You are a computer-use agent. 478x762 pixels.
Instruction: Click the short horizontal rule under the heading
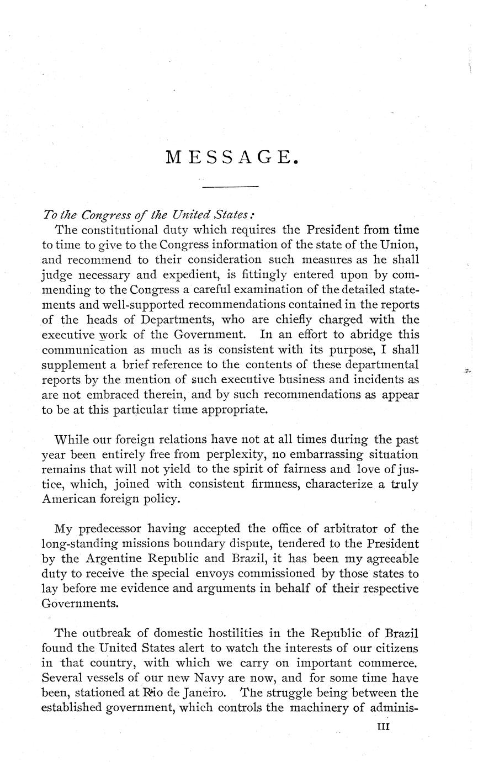(x=231, y=188)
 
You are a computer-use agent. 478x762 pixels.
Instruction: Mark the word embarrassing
(x=312, y=455)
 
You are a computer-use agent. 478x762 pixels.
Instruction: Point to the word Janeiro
(x=193, y=692)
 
